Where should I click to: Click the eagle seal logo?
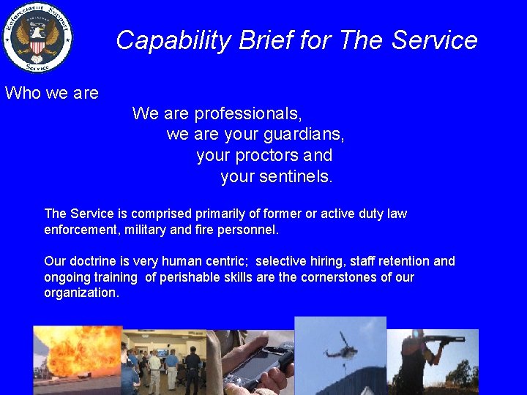pos(37,37)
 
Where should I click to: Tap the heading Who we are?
pos(52,93)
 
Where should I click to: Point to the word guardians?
pos(304,135)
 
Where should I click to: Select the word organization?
pos(81,293)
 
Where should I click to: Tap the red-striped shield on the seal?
pos(37,46)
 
